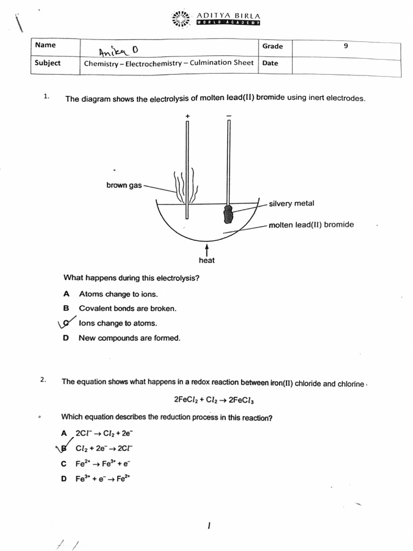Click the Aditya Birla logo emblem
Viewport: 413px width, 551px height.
(x=181, y=18)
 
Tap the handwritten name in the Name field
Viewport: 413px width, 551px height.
(x=118, y=51)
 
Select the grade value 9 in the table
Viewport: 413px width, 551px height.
(x=346, y=46)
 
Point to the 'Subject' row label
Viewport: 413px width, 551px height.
(x=48, y=63)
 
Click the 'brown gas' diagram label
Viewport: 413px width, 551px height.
(x=124, y=185)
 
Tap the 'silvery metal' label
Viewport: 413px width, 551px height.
(x=291, y=203)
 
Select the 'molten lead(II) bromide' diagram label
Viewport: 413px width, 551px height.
(x=311, y=224)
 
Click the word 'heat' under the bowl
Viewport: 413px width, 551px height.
(x=206, y=260)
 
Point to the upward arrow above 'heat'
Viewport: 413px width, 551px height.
(x=206, y=249)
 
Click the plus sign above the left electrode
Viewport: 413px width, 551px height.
(x=187, y=116)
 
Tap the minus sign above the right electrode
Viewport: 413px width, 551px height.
(x=229, y=116)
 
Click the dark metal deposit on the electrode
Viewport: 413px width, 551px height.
(x=229, y=214)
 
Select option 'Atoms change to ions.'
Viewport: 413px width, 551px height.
(x=118, y=294)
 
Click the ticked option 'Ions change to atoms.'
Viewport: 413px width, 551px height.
(x=118, y=323)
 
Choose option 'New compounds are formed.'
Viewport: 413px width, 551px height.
(x=130, y=338)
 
